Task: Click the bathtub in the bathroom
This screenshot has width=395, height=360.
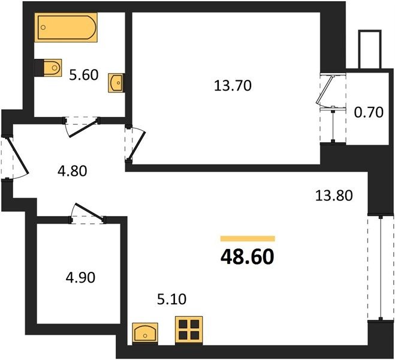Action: (66, 28)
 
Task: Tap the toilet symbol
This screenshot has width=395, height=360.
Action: (49, 68)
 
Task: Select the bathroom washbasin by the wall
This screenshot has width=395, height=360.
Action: (116, 83)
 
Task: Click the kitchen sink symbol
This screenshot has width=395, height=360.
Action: (145, 333)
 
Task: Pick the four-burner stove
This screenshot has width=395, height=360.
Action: (189, 330)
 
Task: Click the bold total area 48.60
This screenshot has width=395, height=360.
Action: (247, 257)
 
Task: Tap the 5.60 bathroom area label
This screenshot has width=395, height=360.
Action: (84, 75)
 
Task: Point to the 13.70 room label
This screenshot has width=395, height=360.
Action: (233, 85)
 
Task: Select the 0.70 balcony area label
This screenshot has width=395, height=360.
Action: (369, 112)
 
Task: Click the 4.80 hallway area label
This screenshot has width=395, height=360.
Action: (73, 171)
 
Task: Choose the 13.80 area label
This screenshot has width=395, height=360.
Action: (334, 196)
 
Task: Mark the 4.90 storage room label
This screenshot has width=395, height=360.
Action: (80, 278)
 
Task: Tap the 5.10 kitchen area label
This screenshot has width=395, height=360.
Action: (172, 299)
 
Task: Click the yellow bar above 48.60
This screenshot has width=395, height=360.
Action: (248, 238)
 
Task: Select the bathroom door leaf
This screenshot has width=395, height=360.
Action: (83, 129)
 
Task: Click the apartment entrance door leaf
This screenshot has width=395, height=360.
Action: (18, 155)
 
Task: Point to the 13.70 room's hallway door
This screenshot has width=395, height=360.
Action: (137, 146)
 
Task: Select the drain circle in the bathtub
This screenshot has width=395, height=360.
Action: (43, 27)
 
